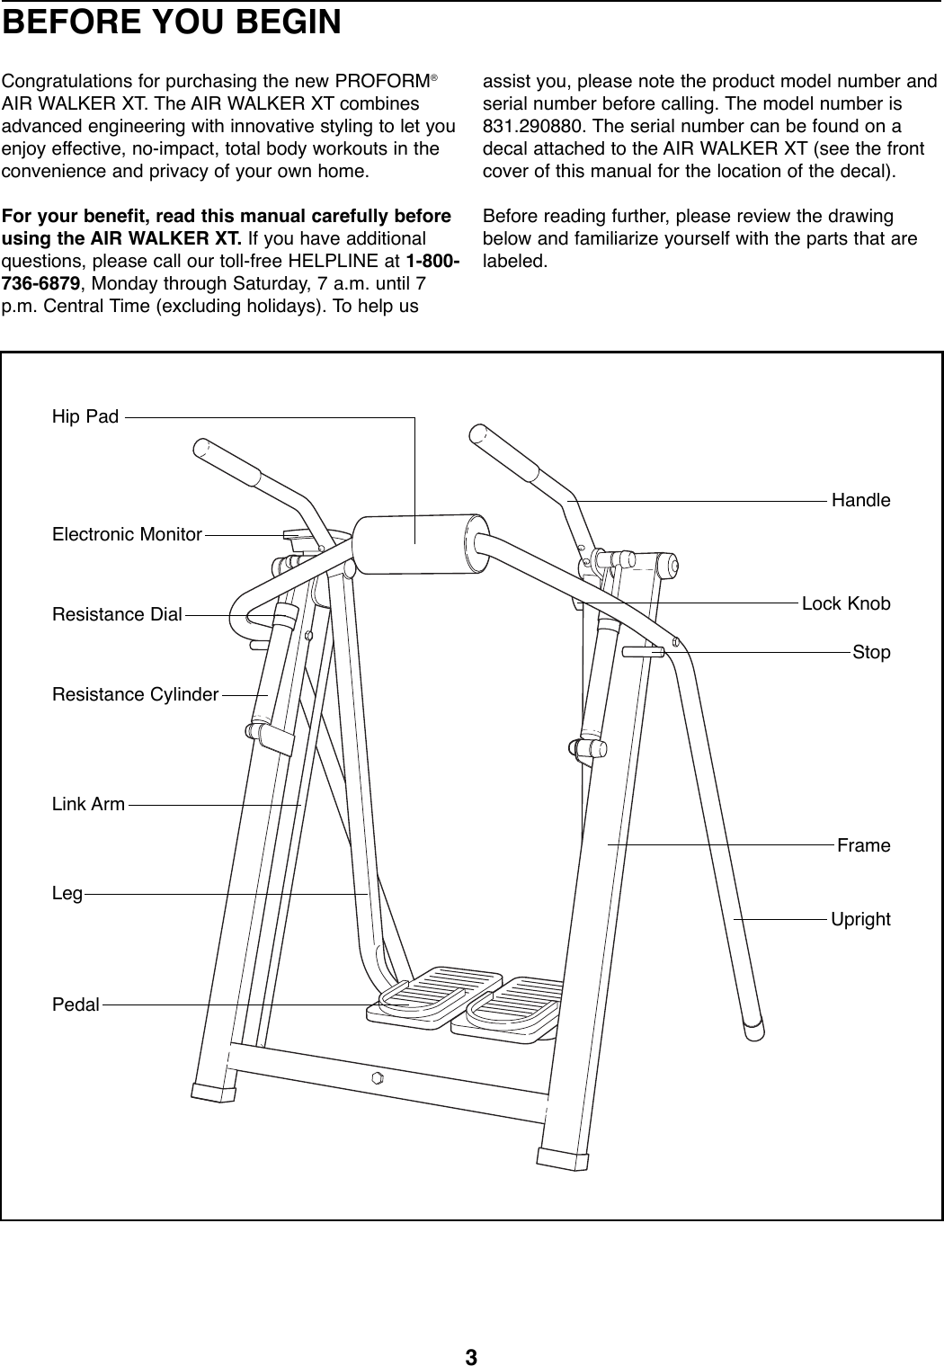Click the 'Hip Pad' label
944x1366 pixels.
tap(85, 417)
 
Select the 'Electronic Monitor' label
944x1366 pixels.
tap(127, 535)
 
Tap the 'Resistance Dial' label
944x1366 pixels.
tap(117, 615)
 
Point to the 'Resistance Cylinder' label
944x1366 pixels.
tap(136, 695)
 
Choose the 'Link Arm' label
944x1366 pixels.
tap(88, 805)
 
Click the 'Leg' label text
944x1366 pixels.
tap(67, 895)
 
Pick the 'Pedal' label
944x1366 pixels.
tap(76, 1004)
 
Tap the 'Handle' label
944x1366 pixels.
tap(860, 500)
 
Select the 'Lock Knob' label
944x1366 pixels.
tap(846, 603)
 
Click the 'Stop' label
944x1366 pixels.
tap(871, 652)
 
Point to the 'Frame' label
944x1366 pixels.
tap(863, 846)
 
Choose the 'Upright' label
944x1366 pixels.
tap(860, 920)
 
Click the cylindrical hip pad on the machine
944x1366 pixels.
tap(419, 542)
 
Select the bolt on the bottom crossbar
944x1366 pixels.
tap(378, 1077)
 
